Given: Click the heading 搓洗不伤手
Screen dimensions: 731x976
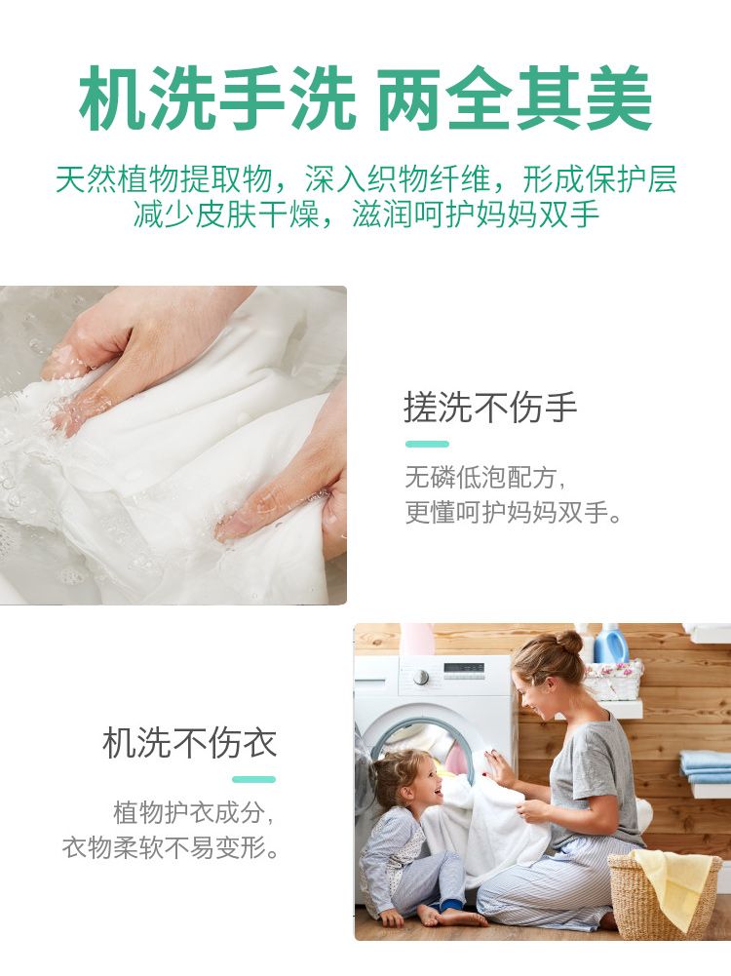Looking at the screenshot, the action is [490, 408].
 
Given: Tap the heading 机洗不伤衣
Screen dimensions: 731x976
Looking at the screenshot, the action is [189, 743].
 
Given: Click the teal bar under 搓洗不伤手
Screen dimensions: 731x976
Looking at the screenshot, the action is [427, 444].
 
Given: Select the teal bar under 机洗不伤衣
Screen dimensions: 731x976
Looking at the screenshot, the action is [253, 779].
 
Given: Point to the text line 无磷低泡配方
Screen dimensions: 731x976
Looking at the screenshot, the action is [485, 479].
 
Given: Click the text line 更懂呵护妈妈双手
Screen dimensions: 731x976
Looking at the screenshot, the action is [514, 512].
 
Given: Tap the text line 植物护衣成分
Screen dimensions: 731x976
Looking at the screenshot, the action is [194, 813].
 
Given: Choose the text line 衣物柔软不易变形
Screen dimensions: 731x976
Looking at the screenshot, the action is [170, 847].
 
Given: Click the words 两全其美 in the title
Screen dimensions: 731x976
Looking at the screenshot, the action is [515, 99].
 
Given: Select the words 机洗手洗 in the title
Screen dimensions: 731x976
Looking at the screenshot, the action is [217, 99].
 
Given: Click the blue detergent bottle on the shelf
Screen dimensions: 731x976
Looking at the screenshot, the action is [609, 644].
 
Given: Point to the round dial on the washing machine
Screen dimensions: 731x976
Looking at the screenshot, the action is [422, 678].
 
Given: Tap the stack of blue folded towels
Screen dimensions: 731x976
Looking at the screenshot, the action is [706, 766].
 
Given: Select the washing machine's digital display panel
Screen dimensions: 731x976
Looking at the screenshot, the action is [464, 669].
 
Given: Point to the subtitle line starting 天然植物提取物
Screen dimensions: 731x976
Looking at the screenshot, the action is [365, 179].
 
